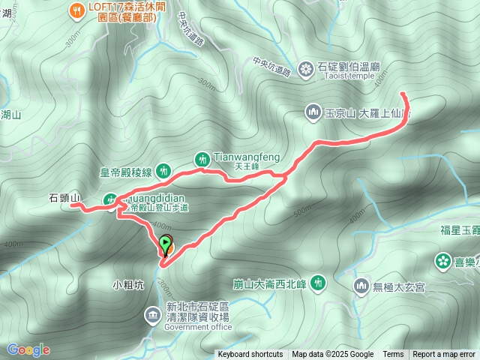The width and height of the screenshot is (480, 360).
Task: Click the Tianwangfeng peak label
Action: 247,157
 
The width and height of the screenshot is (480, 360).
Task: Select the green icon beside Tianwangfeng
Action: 202,158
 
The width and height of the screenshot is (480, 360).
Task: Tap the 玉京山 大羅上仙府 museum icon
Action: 313,113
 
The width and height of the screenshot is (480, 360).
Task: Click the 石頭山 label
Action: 64,198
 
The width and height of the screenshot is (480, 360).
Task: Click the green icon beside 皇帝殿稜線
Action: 164,172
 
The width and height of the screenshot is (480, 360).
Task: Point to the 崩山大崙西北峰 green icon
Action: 319,283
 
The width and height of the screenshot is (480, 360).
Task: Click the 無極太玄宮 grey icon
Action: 361,286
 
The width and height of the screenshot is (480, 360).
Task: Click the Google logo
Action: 28,349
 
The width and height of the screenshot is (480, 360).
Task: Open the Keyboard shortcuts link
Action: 250,355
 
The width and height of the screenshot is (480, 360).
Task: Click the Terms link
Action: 393,355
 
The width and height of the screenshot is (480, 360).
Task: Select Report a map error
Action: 444,355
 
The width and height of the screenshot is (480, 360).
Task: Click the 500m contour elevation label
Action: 302,214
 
